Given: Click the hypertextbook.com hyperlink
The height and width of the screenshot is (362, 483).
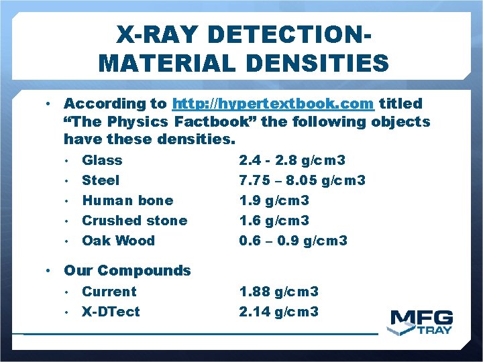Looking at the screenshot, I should coord(272,104).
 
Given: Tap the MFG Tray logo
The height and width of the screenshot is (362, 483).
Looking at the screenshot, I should coord(422,322).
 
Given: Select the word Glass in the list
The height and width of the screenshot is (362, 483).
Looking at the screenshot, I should coord(102,160).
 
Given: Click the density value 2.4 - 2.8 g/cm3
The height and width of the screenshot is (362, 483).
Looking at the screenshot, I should coord(292,160).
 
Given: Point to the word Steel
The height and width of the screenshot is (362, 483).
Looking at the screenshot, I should coord(101,180).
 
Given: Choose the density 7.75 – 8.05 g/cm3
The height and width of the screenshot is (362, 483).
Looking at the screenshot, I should coord(302,180).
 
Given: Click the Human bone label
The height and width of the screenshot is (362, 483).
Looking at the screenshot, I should coord(127,200).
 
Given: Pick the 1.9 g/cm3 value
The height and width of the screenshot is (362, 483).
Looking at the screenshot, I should coord(274,200).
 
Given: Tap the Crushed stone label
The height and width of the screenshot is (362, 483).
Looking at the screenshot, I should coord(134,221).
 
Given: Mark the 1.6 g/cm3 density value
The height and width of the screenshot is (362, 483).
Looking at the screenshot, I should coord(274,221).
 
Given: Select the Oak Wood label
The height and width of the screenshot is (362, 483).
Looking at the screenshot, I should coord(118,241).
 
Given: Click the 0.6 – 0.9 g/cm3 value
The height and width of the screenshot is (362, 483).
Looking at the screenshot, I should coord(293,241).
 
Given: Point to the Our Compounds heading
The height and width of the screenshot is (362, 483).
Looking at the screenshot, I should coord(127,271).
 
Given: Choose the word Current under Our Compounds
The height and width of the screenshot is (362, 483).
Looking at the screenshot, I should coord(109,292).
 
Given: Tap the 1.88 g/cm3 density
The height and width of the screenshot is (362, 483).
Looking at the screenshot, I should coord(278,292).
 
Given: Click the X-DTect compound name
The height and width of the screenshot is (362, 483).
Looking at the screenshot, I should coord(111,312).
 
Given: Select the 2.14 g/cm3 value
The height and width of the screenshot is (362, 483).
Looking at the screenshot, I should coord(278,312).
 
